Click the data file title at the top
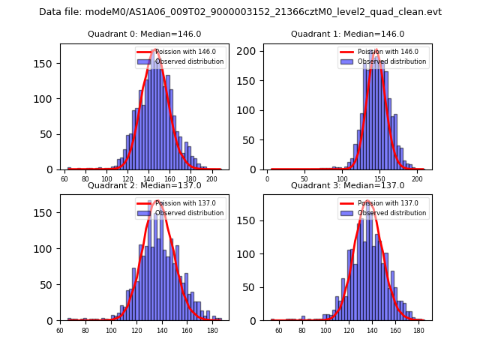click(240, 12)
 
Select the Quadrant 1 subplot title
click(347, 34)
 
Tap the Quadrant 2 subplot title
click(145, 185)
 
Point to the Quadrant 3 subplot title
click(347, 185)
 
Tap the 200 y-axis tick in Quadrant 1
click(253, 51)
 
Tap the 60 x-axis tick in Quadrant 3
click(279, 329)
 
